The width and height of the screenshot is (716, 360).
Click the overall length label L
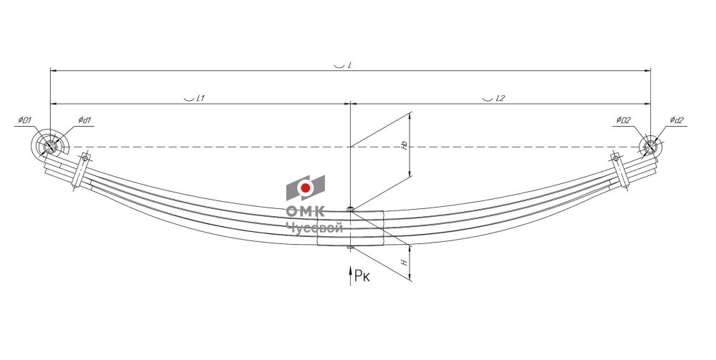(x=349, y=65)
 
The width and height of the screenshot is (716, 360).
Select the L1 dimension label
(x=200, y=98)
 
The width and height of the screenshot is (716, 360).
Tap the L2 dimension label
(x=500, y=98)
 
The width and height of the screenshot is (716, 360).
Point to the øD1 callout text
(x=24, y=120)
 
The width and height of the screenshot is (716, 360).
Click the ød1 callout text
(x=84, y=120)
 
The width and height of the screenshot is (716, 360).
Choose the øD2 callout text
(x=623, y=120)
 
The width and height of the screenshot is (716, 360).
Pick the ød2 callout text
(x=677, y=120)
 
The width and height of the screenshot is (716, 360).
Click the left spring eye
(x=50, y=147)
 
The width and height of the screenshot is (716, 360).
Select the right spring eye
(x=650, y=147)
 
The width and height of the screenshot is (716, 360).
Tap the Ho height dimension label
(x=404, y=145)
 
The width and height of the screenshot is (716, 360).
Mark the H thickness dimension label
(x=404, y=263)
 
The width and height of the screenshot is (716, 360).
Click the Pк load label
(x=362, y=276)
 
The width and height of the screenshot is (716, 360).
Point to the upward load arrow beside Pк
(x=350, y=276)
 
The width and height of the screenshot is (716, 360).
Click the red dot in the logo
(x=306, y=188)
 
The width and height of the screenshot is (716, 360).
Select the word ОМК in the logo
(x=306, y=211)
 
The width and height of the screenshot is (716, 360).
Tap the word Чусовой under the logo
(x=314, y=228)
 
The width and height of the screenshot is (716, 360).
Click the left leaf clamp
(x=82, y=172)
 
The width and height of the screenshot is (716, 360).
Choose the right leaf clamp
(x=619, y=170)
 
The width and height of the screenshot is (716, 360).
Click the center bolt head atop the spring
(x=350, y=209)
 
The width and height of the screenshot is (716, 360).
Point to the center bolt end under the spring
(x=350, y=248)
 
